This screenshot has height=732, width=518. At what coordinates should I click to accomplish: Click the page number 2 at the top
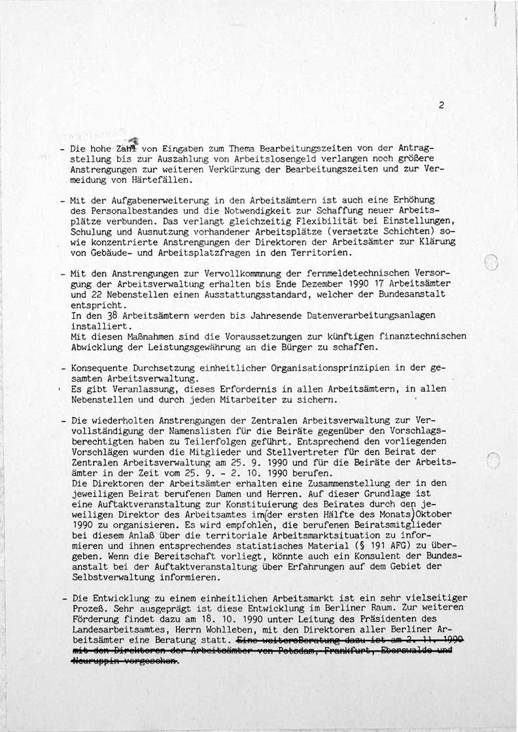(442, 105)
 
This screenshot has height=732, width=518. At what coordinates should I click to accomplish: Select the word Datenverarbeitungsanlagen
(371, 316)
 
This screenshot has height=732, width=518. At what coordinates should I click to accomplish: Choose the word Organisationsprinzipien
(287, 369)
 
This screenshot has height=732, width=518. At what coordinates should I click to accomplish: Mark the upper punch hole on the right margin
(492, 263)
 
